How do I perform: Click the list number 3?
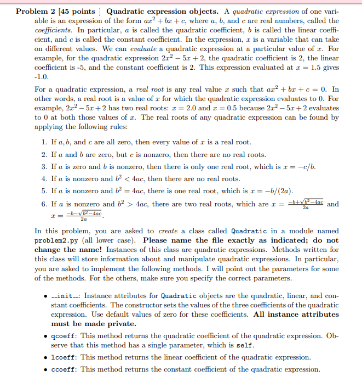click(x=43, y=166)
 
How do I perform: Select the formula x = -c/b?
click(x=300, y=166)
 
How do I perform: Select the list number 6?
click(x=43, y=204)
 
